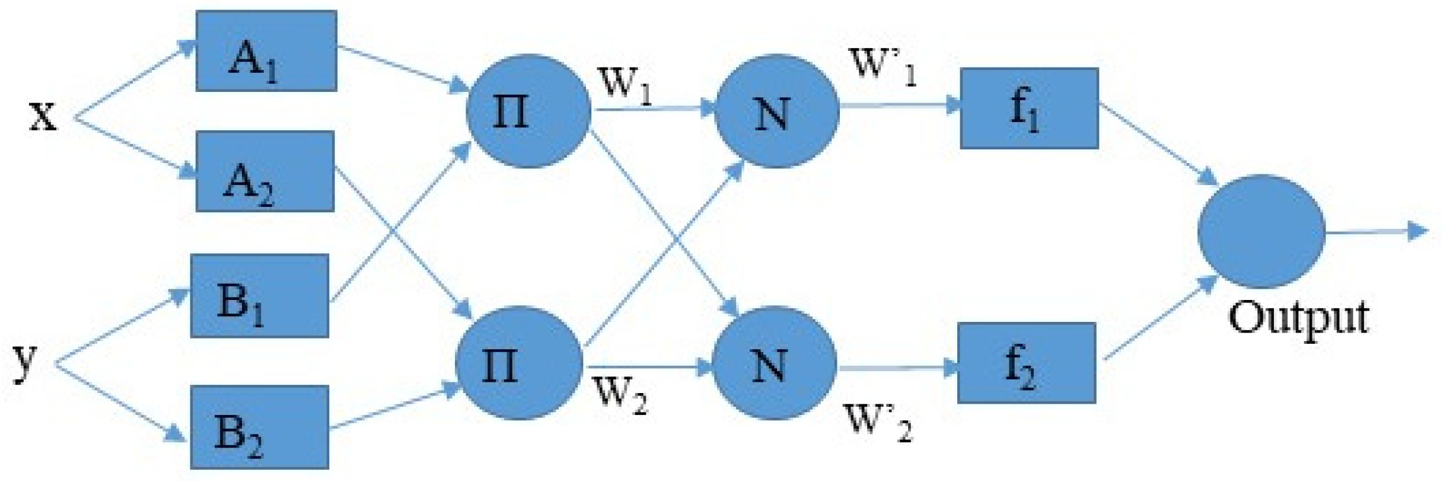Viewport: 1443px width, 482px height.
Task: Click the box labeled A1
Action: [x=266, y=51]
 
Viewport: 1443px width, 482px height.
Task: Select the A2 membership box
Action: [x=265, y=171]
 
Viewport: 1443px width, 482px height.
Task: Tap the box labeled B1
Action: [x=259, y=296]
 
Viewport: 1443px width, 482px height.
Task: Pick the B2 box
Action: [x=259, y=427]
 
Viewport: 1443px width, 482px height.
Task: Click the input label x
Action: [x=43, y=116]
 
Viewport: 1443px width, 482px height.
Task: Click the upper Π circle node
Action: [x=528, y=111]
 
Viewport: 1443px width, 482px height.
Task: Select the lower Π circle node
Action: [x=519, y=363]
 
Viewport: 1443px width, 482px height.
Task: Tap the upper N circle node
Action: [x=776, y=111]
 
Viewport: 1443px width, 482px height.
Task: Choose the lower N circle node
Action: [x=773, y=363]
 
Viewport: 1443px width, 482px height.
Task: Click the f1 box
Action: [x=1029, y=108]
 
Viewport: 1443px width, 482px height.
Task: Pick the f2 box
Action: [x=1026, y=363]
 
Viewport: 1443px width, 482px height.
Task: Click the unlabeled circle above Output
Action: [x=1261, y=231]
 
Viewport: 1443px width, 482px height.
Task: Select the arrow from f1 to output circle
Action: [x=1157, y=142]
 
